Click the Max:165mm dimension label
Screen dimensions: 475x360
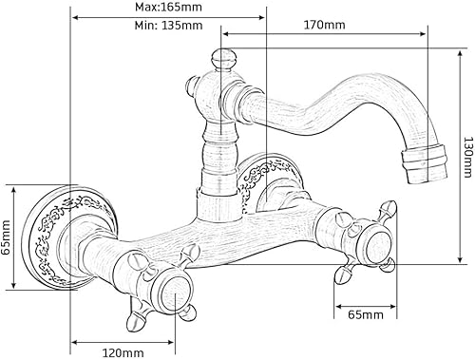tap(168, 7)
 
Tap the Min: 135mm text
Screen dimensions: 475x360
tap(168, 25)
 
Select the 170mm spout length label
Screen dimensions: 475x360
tap(325, 25)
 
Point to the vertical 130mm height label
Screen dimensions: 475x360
tap(468, 157)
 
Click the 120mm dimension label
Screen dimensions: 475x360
tap(123, 353)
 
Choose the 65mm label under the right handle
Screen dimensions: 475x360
tap(366, 314)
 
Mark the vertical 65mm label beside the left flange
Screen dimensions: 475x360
tap(6, 237)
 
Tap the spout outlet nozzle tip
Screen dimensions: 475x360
tap(425, 163)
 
